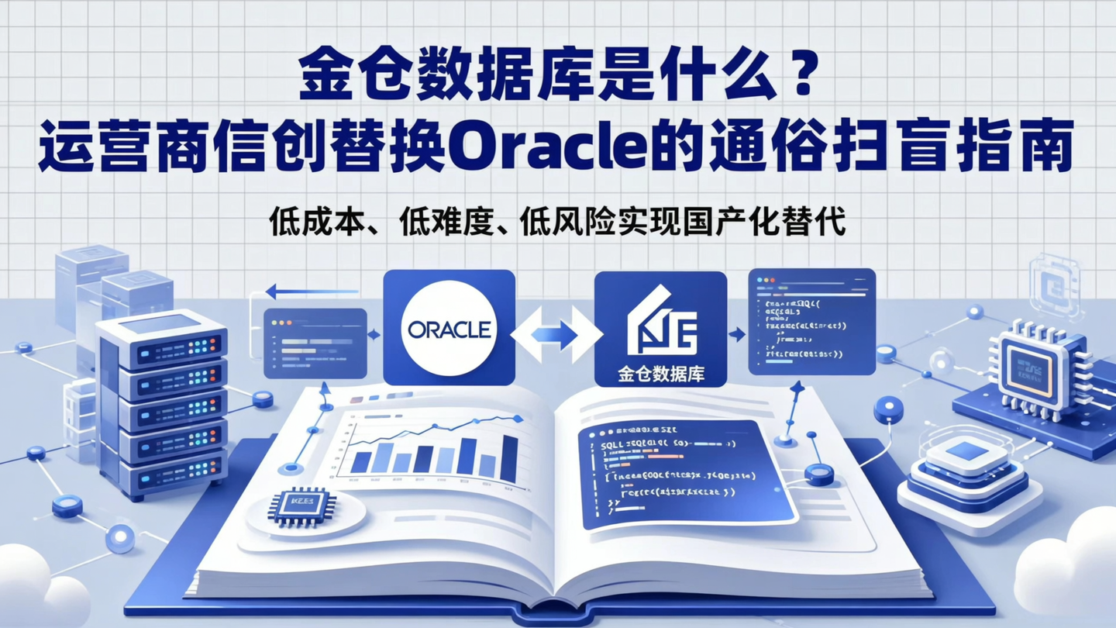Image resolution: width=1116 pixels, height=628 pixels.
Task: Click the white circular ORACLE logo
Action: click(449, 328)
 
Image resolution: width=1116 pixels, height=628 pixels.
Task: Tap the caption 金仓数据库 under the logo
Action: click(661, 373)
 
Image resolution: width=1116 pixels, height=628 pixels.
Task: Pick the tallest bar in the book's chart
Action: click(509, 458)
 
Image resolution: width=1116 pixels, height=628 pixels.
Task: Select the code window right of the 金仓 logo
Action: click(811, 321)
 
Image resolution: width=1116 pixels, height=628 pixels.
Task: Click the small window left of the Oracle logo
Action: click(315, 343)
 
